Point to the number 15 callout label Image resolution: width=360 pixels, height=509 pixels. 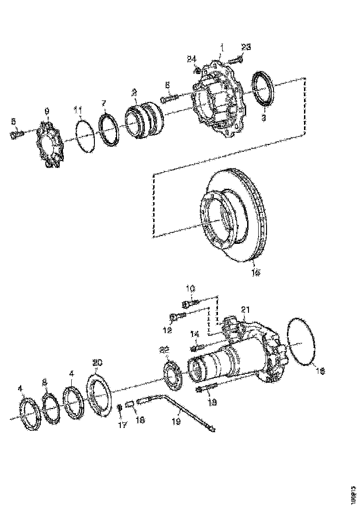pyautogui.click(x=255, y=273)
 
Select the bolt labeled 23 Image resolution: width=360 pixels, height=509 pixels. pyautogui.click(x=236, y=59)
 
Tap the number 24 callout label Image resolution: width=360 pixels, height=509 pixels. pyautogui.click(x=192, y=58)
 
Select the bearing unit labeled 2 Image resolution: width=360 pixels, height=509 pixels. pyautogui.click(x=145, y=119)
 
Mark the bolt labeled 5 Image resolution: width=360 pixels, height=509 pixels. pyautogui.click(x=17, y=135)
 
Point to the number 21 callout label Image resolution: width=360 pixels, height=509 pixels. pyautogui.click(x=245, y=309)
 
